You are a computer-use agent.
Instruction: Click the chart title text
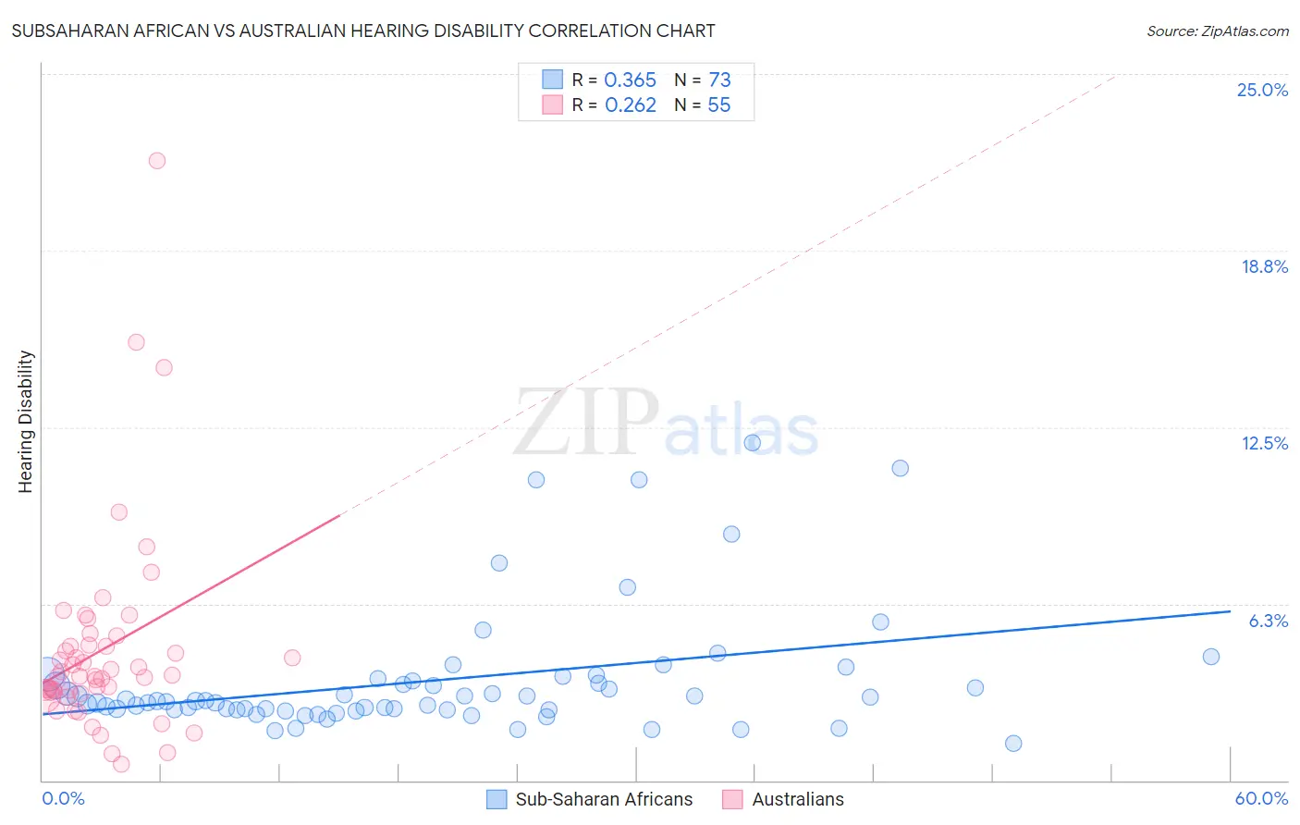pos(363,31)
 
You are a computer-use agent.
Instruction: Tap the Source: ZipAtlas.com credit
pos(1217,31)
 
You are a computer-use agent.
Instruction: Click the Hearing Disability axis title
pos(25,422)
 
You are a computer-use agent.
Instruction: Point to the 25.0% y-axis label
pos(1262,90)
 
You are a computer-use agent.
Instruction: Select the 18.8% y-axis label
pos(1264,266)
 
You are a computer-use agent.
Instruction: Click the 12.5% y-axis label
pos(1264,443)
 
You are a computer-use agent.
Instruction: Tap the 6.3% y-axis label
pos(1268,621)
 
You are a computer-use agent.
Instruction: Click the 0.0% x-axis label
pos(63,798)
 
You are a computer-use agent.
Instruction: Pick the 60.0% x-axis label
pos(1260,798)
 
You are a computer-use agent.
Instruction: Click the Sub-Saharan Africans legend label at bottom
pos(604,799)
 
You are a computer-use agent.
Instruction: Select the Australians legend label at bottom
pos(798,799)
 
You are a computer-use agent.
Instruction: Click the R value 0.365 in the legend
pos(630,80)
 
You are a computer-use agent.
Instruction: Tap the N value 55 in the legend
pos(718,105)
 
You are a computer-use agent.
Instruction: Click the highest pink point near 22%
pos(157,161)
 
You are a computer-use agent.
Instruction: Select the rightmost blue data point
pos(1211,657)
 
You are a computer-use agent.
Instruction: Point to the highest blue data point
pos(753,443)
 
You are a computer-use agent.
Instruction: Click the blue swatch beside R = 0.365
pos(552,80)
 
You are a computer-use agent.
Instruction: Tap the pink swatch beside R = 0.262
pos(552,105)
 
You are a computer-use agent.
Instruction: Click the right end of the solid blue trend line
pos(1230,611)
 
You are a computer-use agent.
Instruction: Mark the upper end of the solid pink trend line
pos(340,515)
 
